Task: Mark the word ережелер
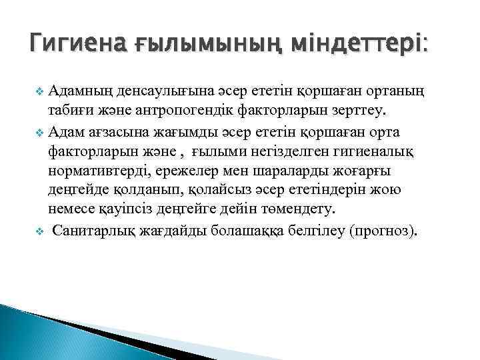coord(185,171)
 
